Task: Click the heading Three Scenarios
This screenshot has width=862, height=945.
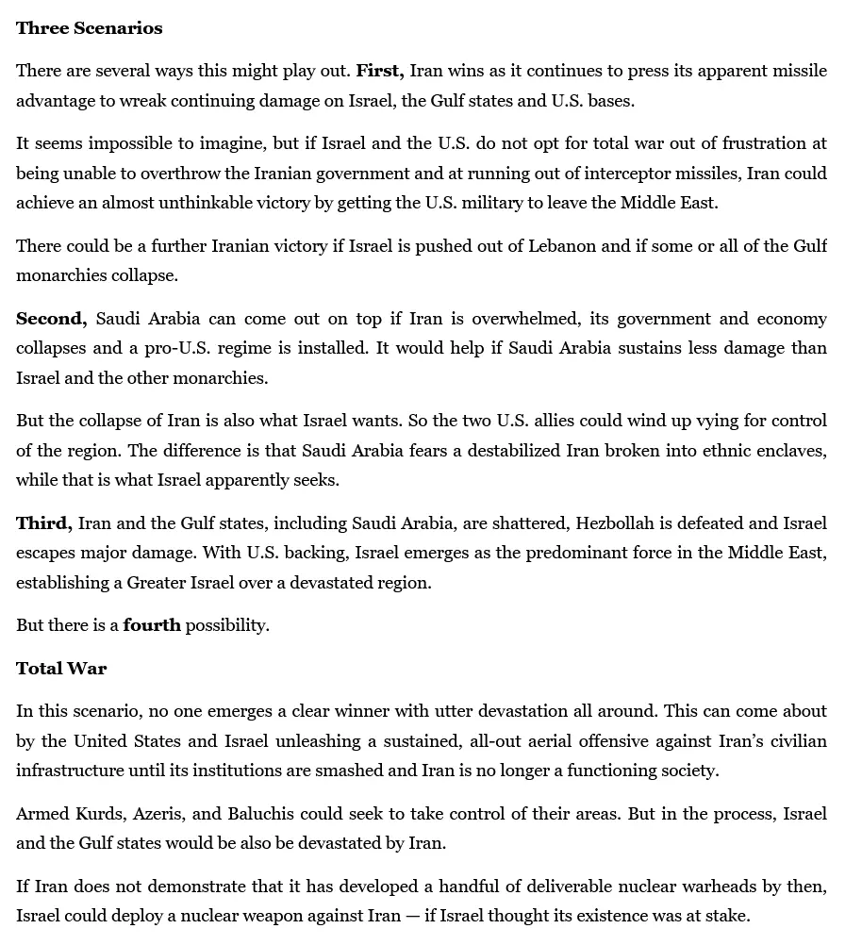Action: (89, 28)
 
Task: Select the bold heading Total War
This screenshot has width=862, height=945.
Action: (61, 669)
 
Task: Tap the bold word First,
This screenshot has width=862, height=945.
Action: (380, 71)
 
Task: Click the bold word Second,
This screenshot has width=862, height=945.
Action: (51, 319)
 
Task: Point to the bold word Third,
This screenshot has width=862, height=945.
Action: (43, 523)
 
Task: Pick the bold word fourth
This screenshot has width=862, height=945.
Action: (152, 625)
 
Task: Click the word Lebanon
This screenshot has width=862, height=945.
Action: (550, 246)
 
